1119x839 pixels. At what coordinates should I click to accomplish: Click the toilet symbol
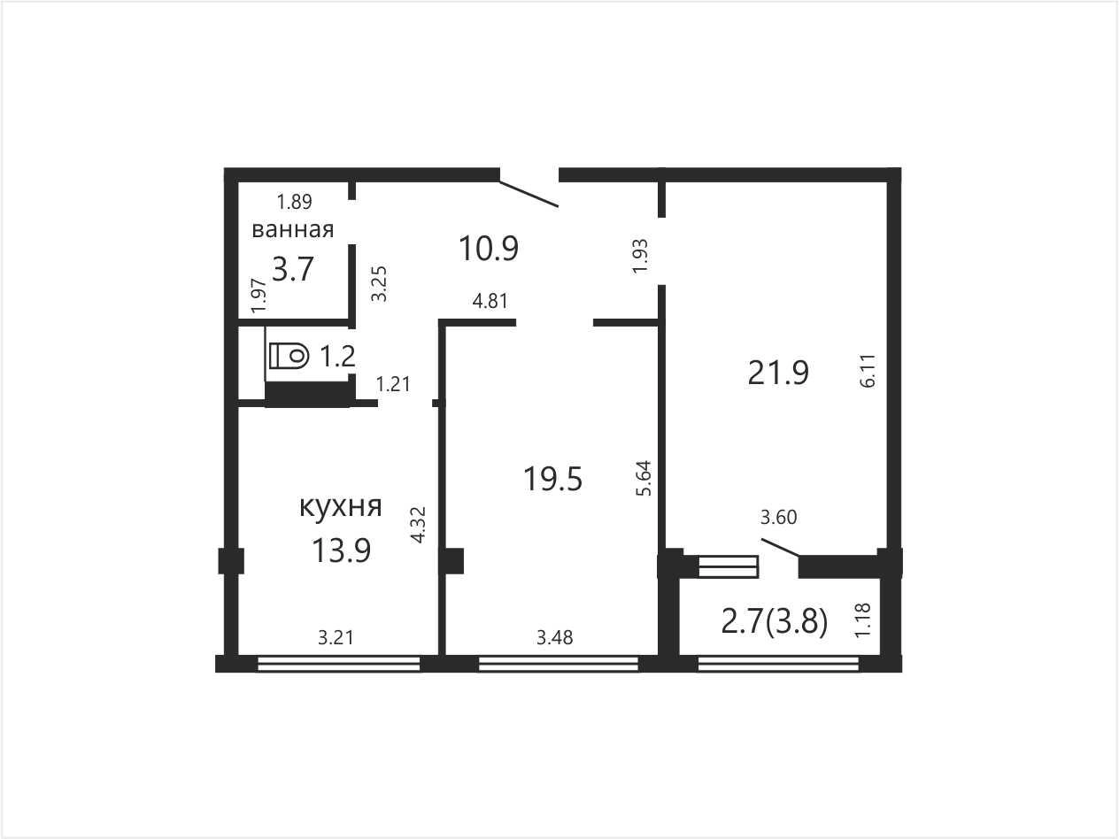289,355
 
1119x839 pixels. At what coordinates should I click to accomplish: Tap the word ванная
293,230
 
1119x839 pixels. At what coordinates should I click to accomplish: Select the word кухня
341,507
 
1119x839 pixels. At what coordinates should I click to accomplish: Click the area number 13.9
341,550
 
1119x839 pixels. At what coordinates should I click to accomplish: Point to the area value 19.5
552,480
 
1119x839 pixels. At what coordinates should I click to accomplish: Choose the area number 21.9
778,373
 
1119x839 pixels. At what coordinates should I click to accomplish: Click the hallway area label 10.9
489,249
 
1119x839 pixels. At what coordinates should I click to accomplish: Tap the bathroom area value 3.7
292,269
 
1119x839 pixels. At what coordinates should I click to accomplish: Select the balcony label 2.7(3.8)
775,622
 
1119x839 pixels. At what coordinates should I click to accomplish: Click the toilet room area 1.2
337,356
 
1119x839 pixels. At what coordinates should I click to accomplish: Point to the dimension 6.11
868,371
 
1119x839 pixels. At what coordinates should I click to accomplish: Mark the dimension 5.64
644,478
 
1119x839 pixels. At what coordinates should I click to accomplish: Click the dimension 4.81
490,301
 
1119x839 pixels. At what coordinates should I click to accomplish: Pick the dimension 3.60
778,518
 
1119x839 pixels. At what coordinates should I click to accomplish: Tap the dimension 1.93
640,257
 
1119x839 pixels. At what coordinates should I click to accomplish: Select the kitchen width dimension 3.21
336,637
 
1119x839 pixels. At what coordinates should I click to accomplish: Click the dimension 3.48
555,637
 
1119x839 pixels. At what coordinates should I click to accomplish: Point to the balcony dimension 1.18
862,620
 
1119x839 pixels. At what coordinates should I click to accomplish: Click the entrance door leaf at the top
529,194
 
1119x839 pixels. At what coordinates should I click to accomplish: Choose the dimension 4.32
418,525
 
